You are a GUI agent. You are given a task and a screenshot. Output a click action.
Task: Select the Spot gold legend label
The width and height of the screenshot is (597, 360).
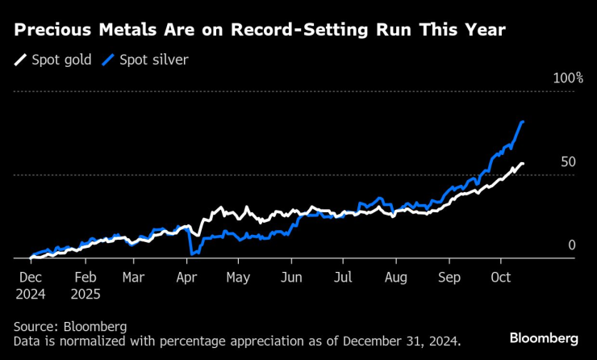coord(62,60)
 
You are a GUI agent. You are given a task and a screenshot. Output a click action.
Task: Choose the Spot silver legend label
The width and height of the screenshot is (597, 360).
coord(153,60)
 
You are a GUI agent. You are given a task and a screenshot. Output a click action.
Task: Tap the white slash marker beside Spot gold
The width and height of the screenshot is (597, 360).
coord(20,60)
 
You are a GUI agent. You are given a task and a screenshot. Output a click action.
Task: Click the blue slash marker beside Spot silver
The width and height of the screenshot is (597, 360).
coord(107,60)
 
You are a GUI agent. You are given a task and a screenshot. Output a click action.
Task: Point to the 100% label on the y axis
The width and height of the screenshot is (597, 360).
coord(567,78)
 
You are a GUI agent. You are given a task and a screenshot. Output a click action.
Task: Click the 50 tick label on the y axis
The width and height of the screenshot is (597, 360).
coord(568,162)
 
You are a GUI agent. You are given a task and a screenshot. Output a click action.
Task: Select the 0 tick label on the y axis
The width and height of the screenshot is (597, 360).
coord(572,245)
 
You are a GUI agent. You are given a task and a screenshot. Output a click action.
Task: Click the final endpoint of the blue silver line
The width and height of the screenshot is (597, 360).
coord(524,122)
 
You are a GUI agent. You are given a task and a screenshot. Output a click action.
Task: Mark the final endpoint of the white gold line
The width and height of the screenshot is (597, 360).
coord(523,164)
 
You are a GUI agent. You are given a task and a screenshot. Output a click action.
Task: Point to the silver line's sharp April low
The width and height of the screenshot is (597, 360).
coord(192,254)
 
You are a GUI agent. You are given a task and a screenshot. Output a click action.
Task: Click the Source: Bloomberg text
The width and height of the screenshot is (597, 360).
coord(70,326)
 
